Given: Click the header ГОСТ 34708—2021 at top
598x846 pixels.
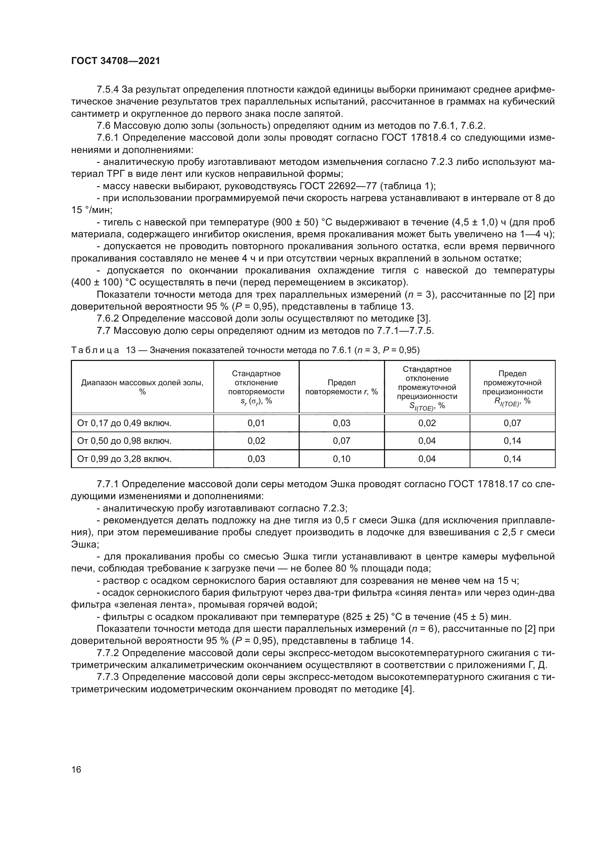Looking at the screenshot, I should [x=116, y=61].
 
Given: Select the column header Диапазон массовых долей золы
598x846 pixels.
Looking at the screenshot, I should [x=142, y=387].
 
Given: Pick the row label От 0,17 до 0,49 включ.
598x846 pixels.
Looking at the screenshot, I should [x=124, y=423].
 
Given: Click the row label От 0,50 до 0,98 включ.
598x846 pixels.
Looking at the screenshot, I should [x=124, y=441].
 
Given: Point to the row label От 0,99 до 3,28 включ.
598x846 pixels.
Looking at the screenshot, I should [x=124, y=459].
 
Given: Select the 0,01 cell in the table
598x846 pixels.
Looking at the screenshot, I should [x=256, y=423].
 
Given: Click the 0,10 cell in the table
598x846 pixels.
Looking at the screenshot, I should [x=341, y=459].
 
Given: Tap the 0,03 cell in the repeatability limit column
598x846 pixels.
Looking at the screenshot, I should [x=341, y=423].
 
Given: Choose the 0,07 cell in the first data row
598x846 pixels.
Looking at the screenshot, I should [x=512, y=423].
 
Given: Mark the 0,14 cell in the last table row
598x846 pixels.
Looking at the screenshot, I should [x=512, y=459].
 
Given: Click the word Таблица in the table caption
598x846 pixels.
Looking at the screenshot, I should [x=95, y=350].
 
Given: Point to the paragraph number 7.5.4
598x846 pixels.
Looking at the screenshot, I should [x=107, y=90].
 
